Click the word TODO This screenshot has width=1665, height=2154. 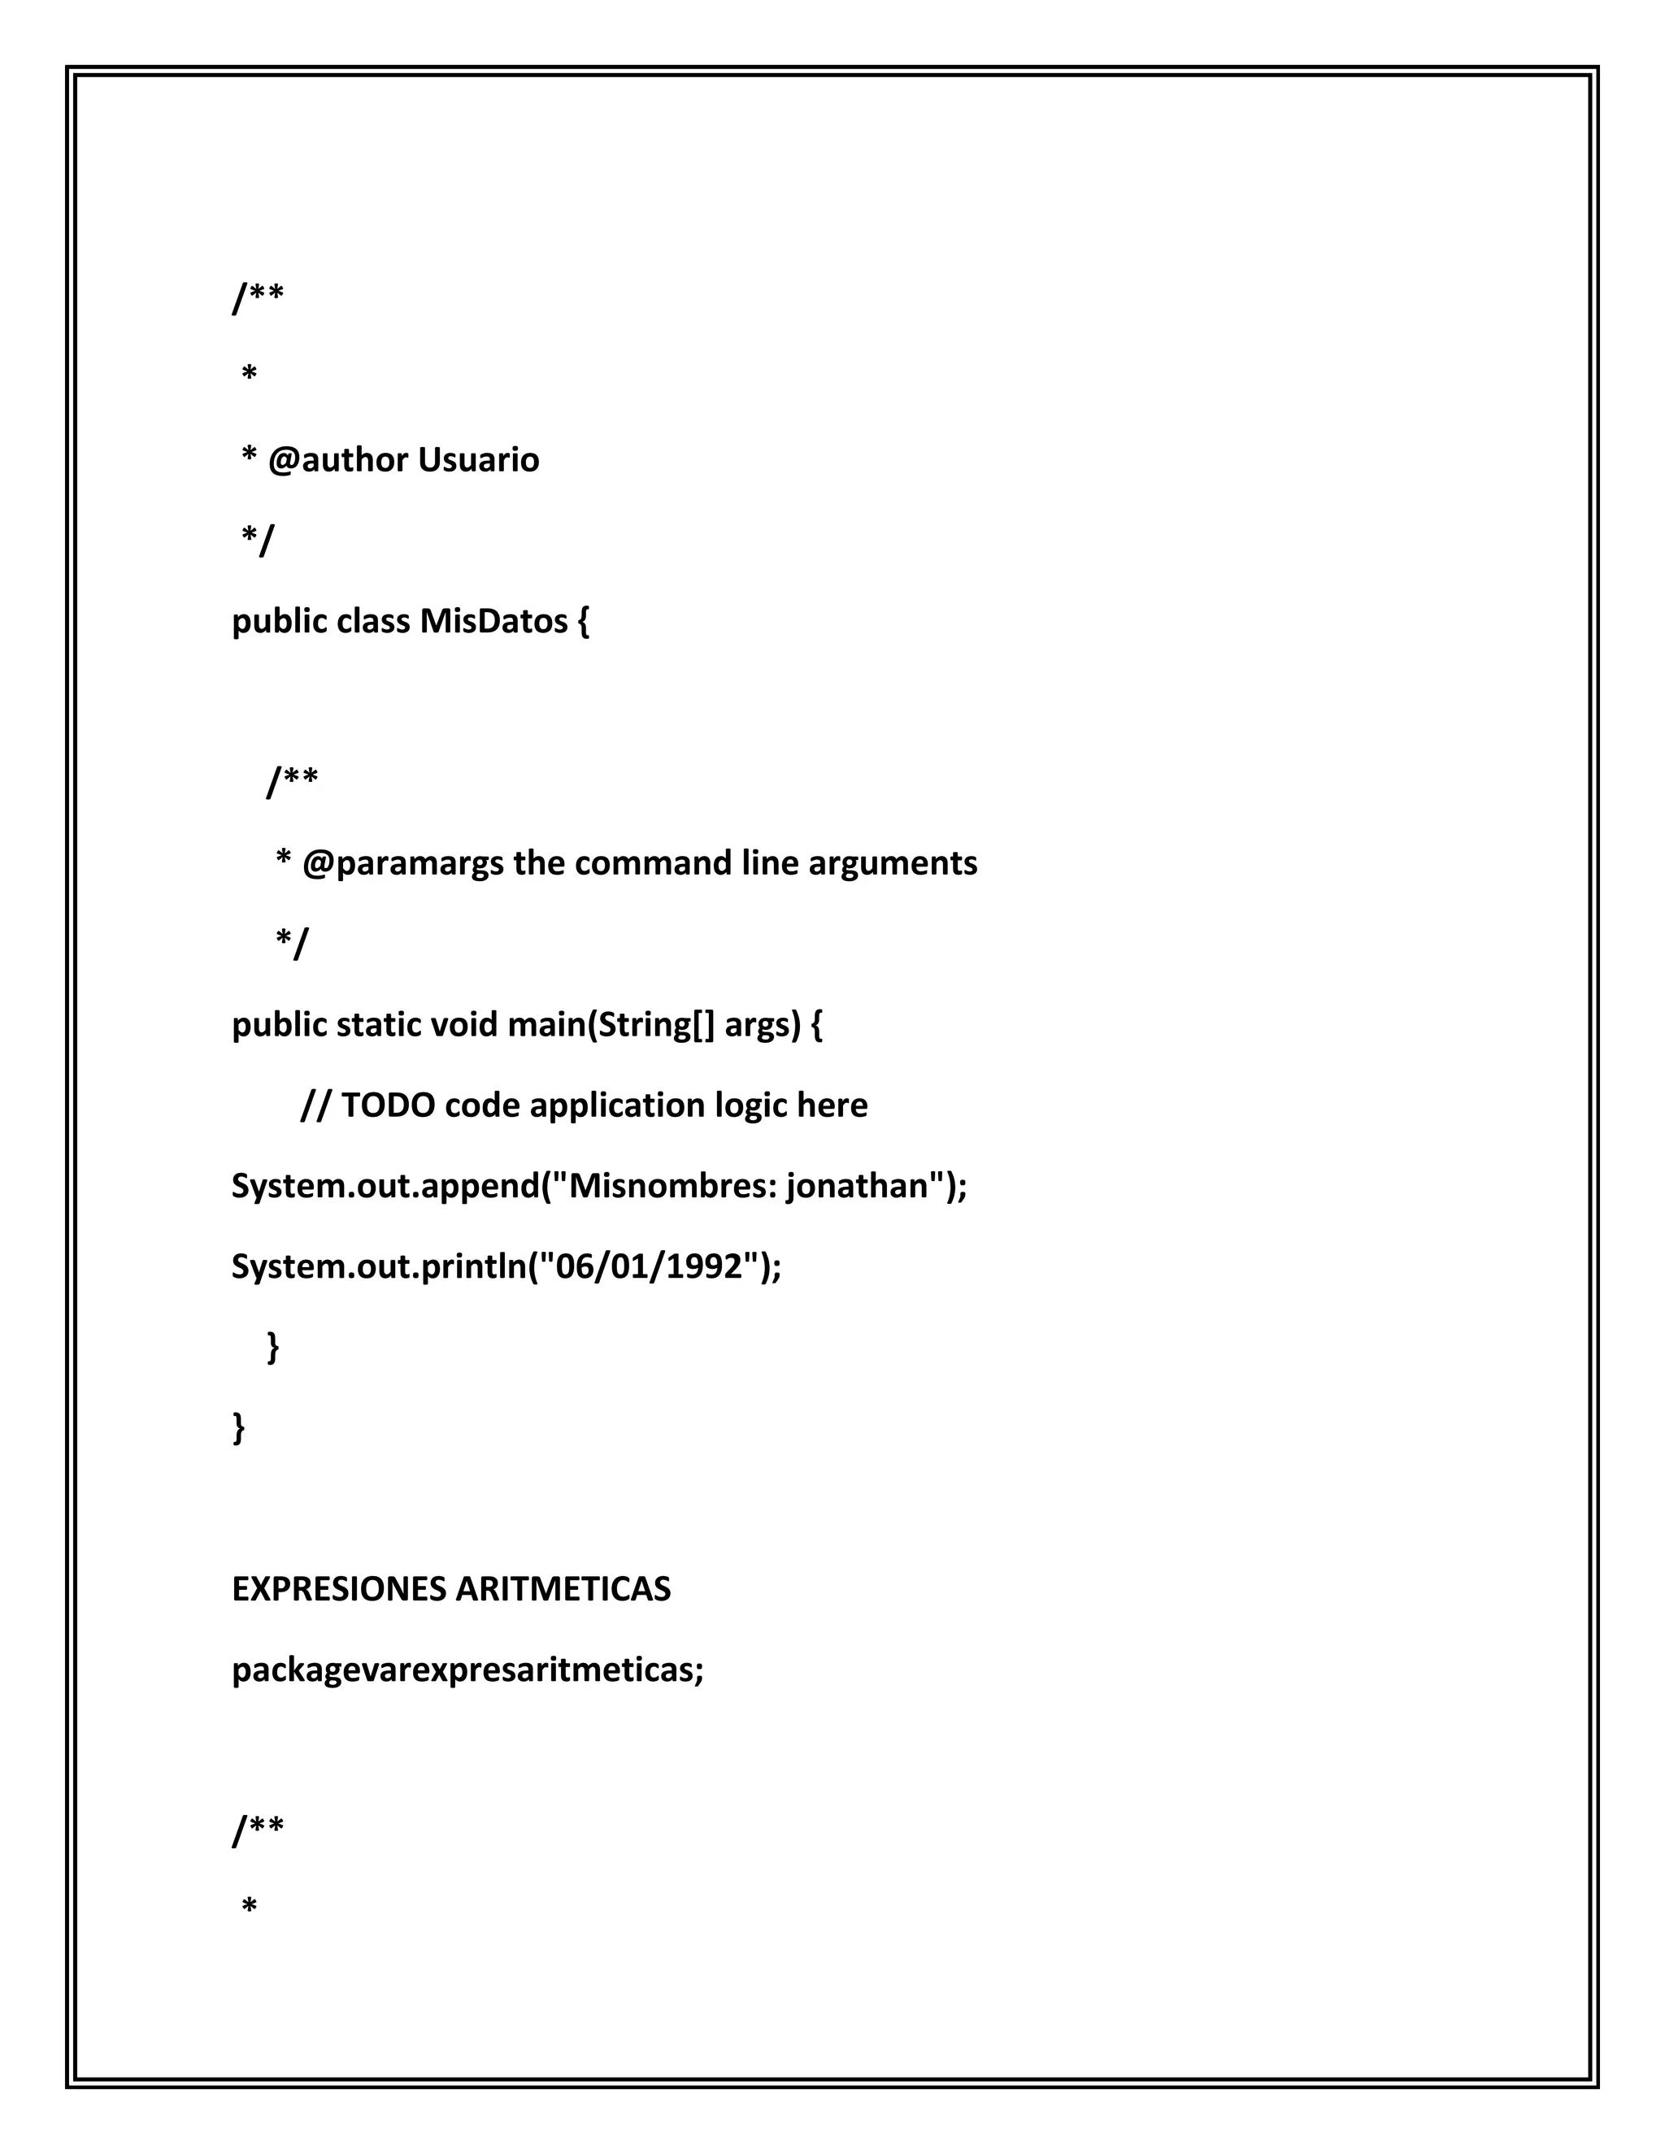click(388, 1105)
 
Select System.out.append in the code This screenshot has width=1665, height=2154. click(385, 1185)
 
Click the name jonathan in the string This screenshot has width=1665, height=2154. click(856, 1185)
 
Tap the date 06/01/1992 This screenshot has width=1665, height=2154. click(649, 1266)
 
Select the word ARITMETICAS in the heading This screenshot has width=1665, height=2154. click(563, 1589)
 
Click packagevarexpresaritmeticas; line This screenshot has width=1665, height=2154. click(467, 1670)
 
